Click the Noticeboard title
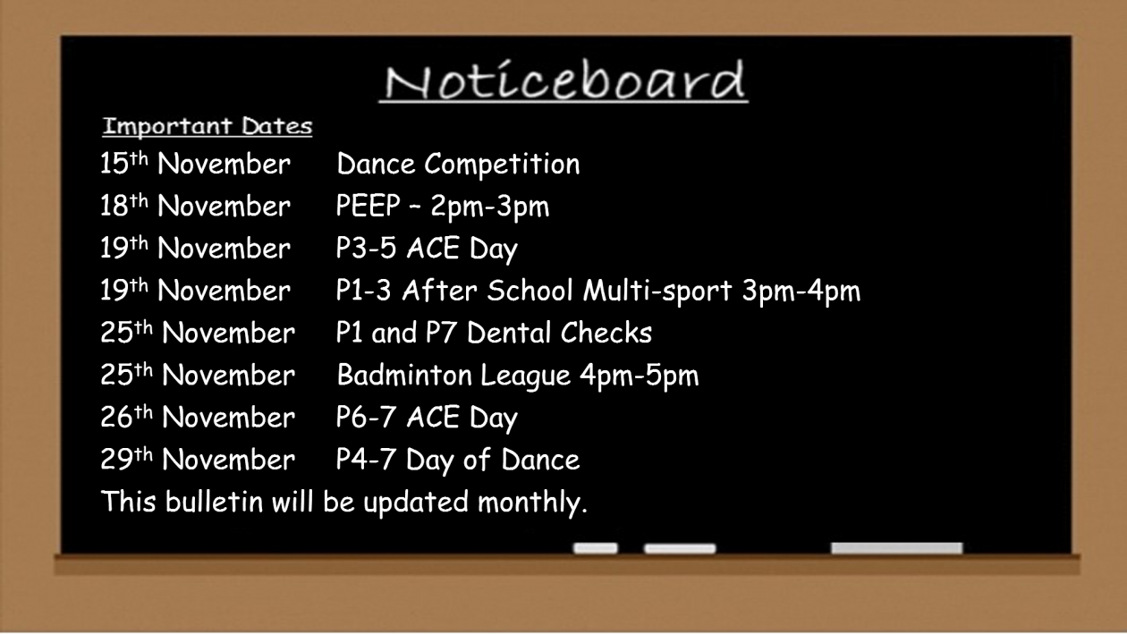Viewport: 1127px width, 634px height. point(564,80)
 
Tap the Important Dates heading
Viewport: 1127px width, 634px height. point(208,126)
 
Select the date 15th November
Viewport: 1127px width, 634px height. point(195,164)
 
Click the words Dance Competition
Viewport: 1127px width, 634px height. point(458,165)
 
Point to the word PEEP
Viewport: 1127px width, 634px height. point(368,206)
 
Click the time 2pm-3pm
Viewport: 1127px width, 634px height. point(490,207)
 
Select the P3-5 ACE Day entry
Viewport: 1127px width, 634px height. point(427,249)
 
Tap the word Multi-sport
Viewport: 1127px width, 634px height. point(657,292)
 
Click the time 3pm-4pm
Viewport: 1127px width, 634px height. point(801,292)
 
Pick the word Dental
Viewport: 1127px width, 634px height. point(509,333)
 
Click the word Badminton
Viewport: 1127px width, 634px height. point(404,375)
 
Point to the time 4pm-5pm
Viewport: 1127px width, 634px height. point(640,376)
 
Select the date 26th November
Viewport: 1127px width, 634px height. point(198,417)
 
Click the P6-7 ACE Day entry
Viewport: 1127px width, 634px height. point(427,418)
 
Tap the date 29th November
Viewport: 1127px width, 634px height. point(198,460)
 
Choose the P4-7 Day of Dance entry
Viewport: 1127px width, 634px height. point(458,461)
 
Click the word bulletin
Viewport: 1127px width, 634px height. point(215,502)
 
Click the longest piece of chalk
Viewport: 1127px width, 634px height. point(896,548)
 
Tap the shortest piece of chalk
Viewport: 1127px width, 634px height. point(595,548)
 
